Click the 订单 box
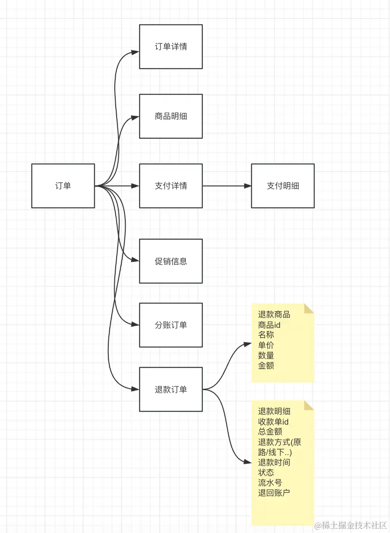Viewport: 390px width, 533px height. (63, 186)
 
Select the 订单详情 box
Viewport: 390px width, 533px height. (171, 47)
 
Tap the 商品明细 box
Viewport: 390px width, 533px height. (171, 116)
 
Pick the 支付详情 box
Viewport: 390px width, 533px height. (171, 186)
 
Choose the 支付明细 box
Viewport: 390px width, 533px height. (283, 186)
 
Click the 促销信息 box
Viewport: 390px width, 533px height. (171, 261)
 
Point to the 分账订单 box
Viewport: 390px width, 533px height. (171, 325)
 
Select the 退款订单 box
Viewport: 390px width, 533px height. (171, 389)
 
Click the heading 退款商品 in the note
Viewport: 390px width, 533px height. (274, 315)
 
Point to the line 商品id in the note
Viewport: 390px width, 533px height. (269, 325)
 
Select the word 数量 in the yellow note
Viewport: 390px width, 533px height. (266, 355)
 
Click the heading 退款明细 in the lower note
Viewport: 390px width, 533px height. (274, 412)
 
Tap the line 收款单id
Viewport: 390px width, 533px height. (273, 421)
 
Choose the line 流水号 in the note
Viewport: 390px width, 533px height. (270, 483)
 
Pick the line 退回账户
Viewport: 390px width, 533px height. (274, 493)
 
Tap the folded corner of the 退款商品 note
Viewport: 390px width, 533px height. (309, 308)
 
